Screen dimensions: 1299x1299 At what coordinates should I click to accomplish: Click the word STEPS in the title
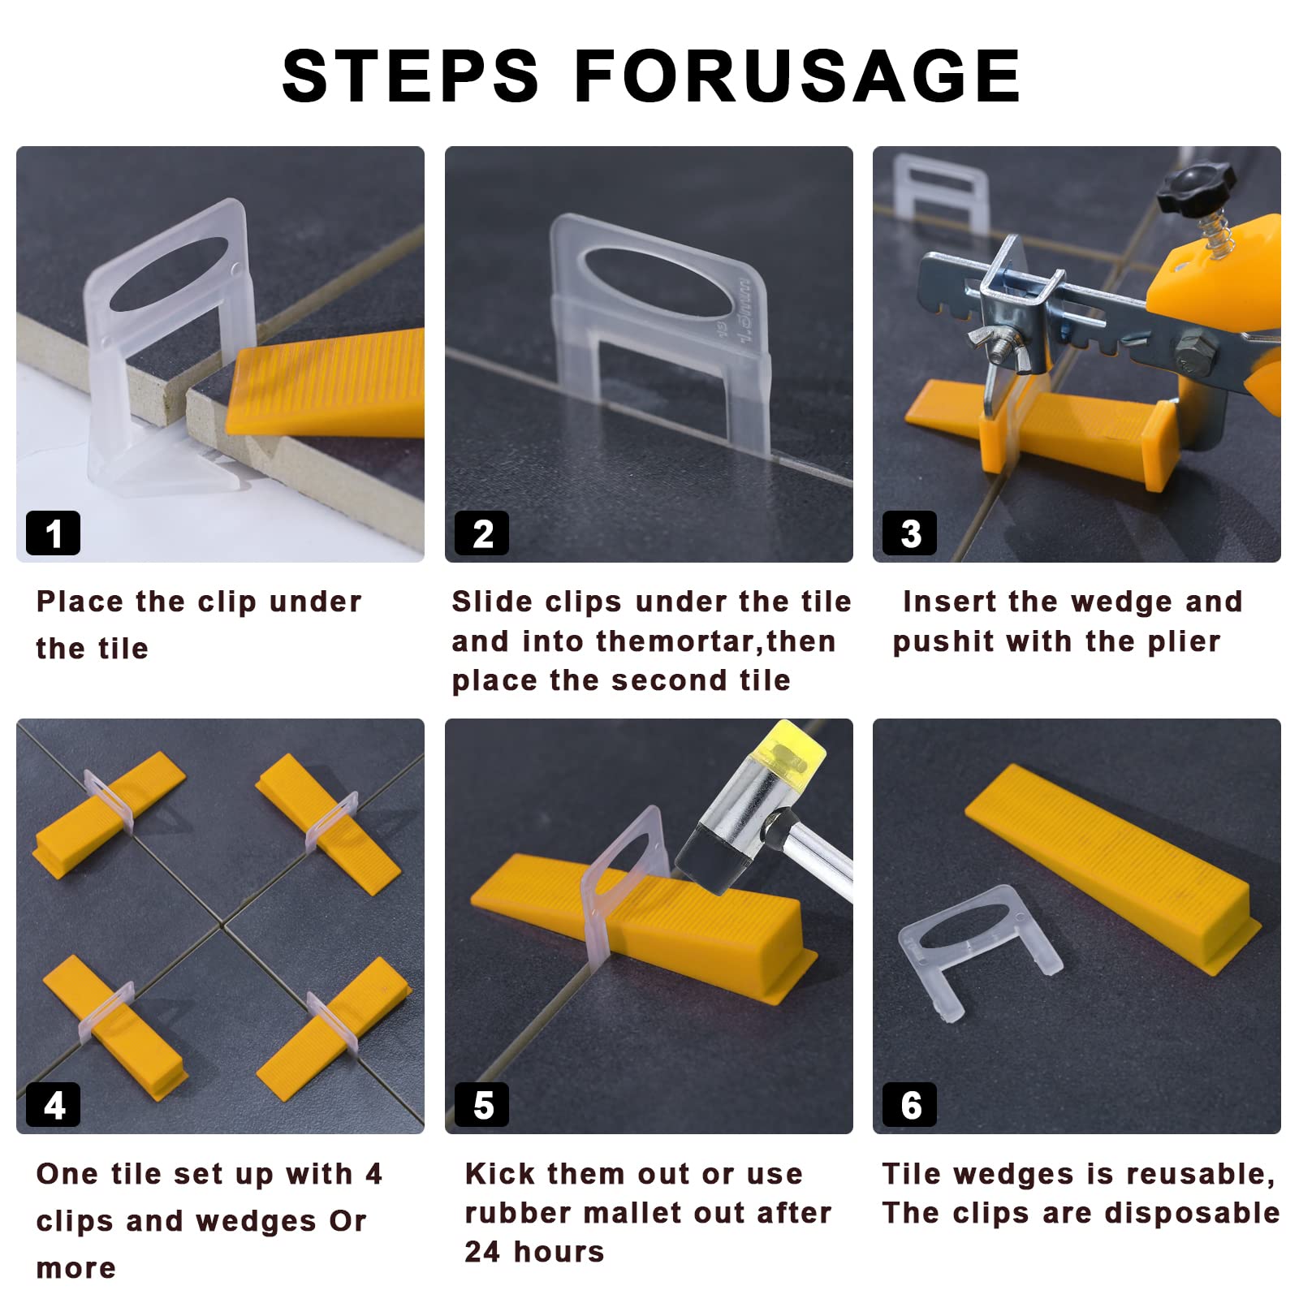click(410, 76)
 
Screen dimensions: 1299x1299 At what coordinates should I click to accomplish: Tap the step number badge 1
click(54, 533)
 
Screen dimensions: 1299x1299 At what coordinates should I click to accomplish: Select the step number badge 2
click(482, 533)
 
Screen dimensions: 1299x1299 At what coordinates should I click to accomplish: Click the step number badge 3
click(910, 533)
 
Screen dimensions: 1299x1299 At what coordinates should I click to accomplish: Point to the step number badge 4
click(54, 1105)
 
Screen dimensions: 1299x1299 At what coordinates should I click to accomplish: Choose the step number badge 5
click(482, 1105)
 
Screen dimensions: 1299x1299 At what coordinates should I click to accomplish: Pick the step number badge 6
click(910, 1105)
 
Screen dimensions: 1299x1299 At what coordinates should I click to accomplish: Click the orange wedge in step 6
click(1113, 869)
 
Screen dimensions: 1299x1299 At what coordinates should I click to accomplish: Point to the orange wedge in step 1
click(325, 382)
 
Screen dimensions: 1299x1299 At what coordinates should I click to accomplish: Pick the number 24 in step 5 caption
click(482, 1252)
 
